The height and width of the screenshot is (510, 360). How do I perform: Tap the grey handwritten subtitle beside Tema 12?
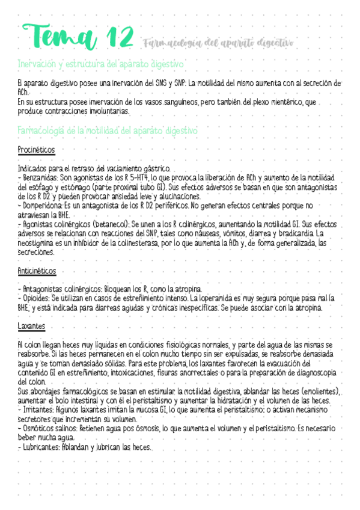[x=219, y=43]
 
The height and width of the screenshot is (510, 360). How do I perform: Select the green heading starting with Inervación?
[x=101, y=63]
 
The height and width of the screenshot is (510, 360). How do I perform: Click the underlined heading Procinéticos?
[x=37, y=149]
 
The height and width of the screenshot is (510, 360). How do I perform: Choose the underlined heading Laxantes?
[x=31, y=327]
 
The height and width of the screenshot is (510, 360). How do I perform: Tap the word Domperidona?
[x=43, y=205]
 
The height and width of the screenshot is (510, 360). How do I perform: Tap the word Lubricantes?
[x=40, y=447]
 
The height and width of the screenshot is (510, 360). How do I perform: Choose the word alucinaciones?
[x=178, y=196]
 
